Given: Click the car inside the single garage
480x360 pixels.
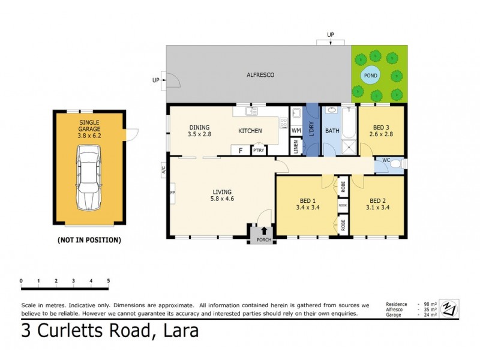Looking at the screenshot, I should (x=89, y=180).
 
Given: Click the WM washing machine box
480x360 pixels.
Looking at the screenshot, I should (x=296, y=130).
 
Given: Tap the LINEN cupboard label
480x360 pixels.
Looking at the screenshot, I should (x=296, y=147).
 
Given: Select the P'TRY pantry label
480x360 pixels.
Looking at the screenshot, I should (x=259, y=150).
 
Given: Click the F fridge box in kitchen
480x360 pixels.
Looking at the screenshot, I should (x=241, y=150).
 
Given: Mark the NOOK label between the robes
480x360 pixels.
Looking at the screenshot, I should (x=343, y=205).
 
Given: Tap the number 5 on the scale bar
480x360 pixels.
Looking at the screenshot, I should (x=109, y=281).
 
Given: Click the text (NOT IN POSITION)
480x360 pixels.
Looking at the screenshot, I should (x=89, y=240).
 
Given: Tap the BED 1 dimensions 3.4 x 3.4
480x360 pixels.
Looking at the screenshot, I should (x=308, y=208).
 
